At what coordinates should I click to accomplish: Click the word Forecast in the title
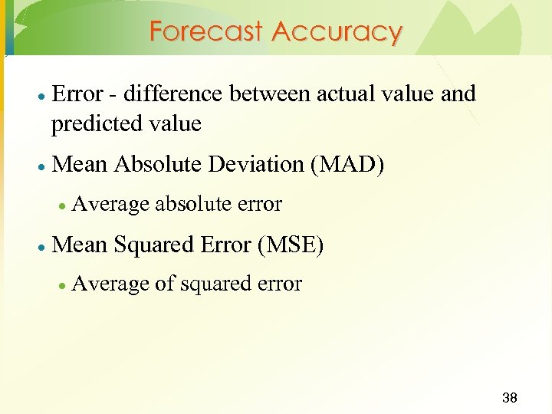coord(206,32)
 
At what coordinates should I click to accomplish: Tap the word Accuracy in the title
coord(337,32)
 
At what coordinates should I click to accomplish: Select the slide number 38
coord(509,398)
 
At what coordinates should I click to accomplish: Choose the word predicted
coord(97,124)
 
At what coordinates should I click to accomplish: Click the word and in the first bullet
coord(458,94)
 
